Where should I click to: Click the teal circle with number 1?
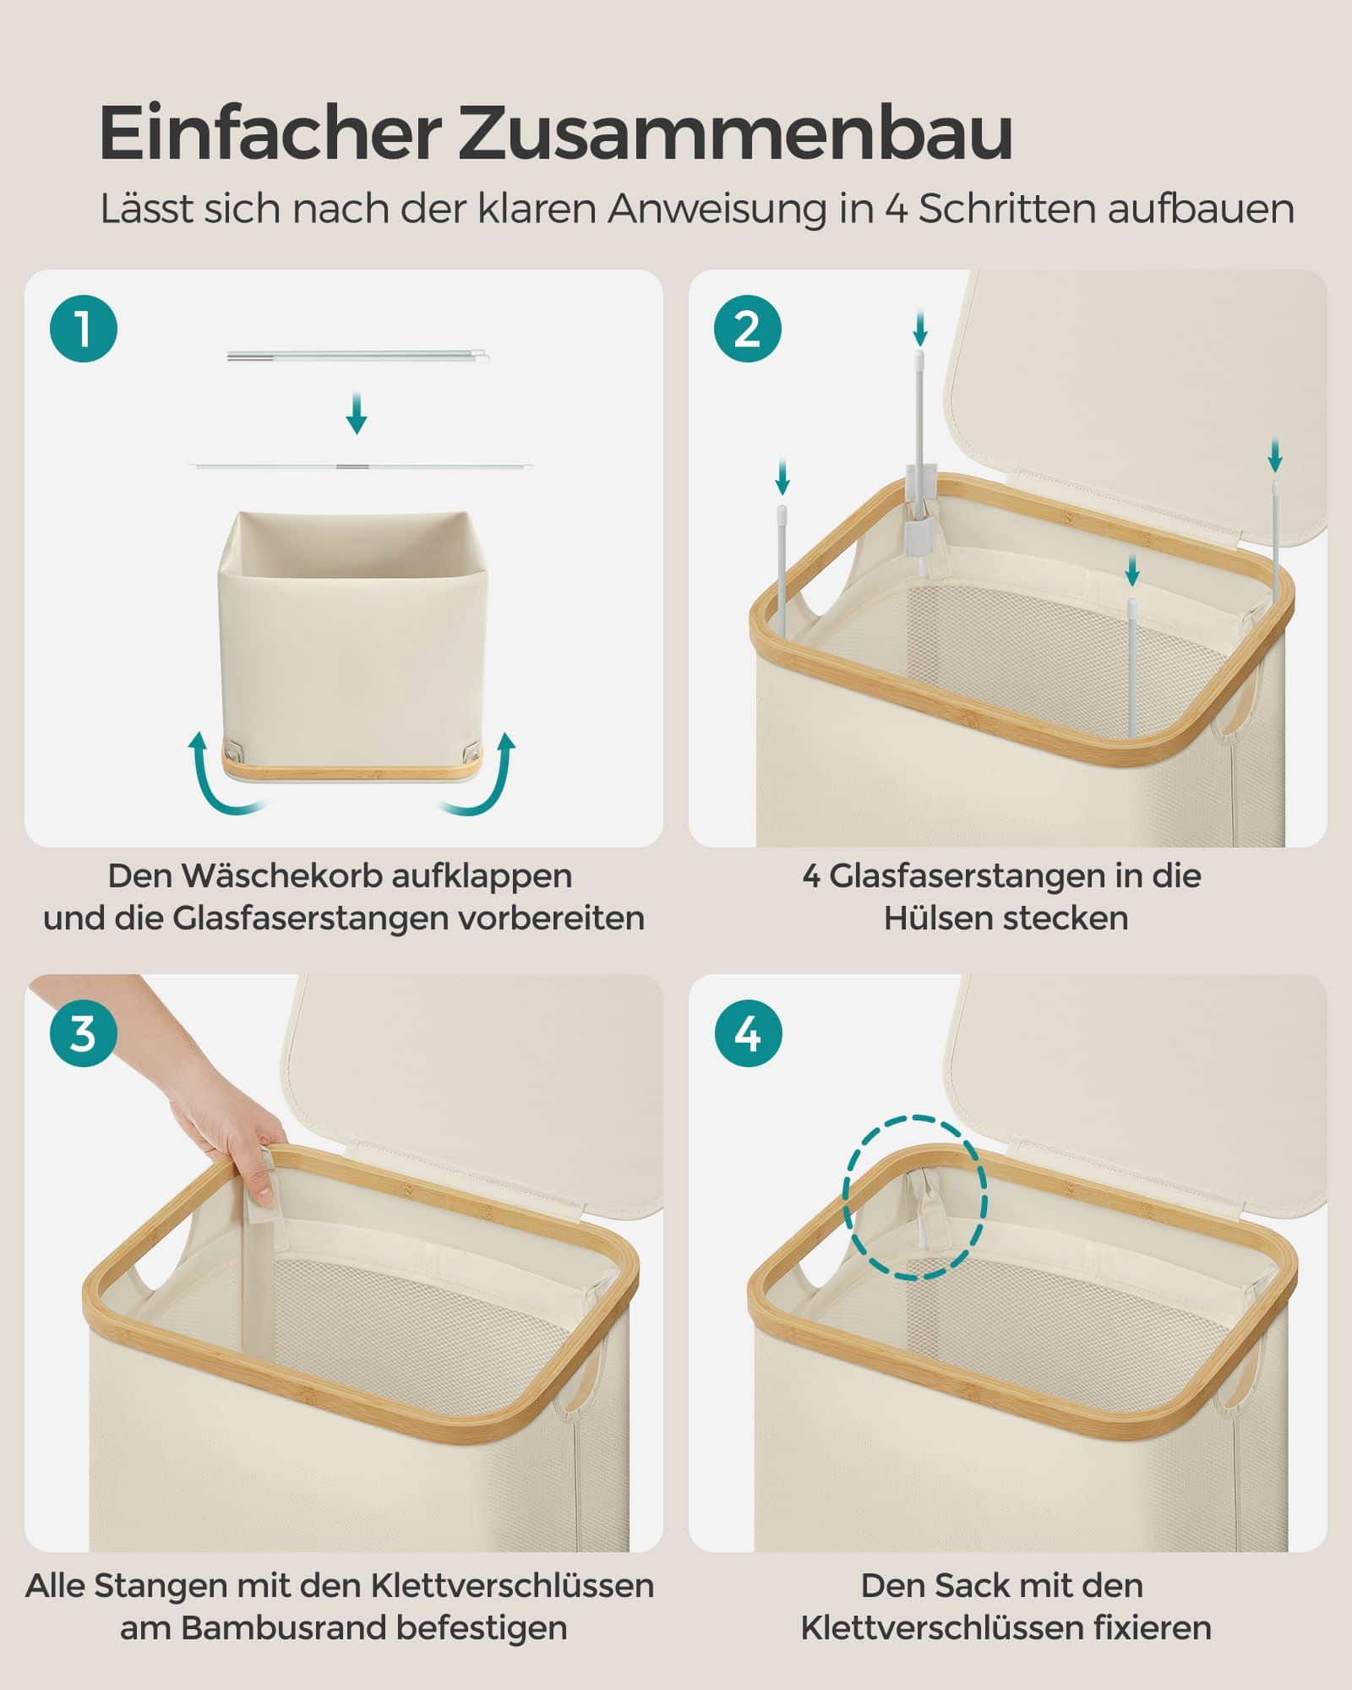click(84, 329)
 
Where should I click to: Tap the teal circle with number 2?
click(748, 329)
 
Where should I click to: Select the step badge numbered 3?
click(84, 1033)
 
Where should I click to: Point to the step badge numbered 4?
click(748, 1033)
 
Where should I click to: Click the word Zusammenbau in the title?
click(735, 133)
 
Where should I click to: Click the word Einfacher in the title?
click(270, 133)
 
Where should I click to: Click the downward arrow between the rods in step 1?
click(357, 413)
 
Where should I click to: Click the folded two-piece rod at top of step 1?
click(358, 356)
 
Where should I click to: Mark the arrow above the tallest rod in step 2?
click(920, 329)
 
